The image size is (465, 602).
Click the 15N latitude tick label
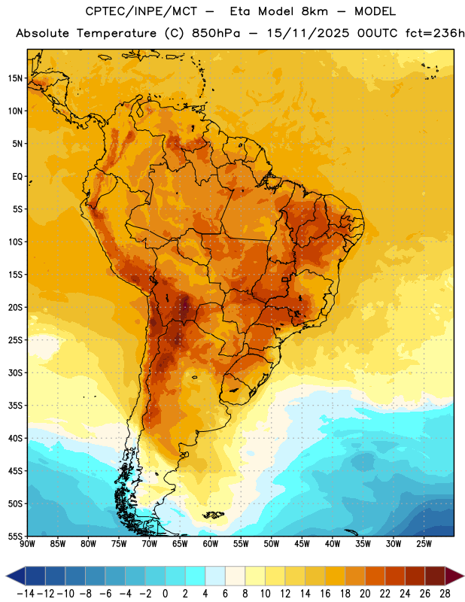click(15, 78)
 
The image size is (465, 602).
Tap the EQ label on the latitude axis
click(17, 177)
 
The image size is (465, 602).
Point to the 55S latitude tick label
click(15, 536)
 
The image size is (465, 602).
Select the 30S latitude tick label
click(15, 372)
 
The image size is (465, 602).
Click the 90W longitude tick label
click(28, 544)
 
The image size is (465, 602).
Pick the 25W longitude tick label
click(424, 544)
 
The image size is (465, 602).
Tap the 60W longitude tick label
click(211, 544)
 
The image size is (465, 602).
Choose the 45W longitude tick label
click(302, 544)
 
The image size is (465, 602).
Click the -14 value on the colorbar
click(26, 594)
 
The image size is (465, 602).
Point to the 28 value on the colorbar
click(445, 594)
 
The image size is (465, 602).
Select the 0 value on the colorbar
click(165, 594)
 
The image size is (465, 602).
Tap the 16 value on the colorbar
click(325, 594)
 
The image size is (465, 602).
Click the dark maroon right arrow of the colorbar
click(454, 576)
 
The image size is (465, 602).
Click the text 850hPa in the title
click(216, 33)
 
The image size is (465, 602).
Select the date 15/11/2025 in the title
click(308, 33)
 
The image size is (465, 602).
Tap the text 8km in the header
click(315, 11)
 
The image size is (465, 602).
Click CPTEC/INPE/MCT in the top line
click(141, 11)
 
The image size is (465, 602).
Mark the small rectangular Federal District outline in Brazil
click(285, 279)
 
